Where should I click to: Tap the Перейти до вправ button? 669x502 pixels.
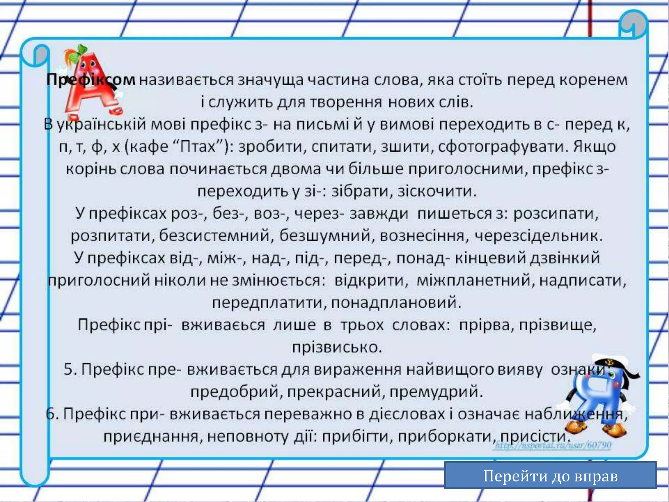point(550,476)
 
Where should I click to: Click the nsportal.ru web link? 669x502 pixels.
point(552,445)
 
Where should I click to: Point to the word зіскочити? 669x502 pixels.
point(437,191)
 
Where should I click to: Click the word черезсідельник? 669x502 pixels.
point(538,236)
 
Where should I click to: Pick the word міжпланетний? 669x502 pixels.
point(475,280)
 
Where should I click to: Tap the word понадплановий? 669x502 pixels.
point(396,303)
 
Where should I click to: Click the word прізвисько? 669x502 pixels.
point(337,347)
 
